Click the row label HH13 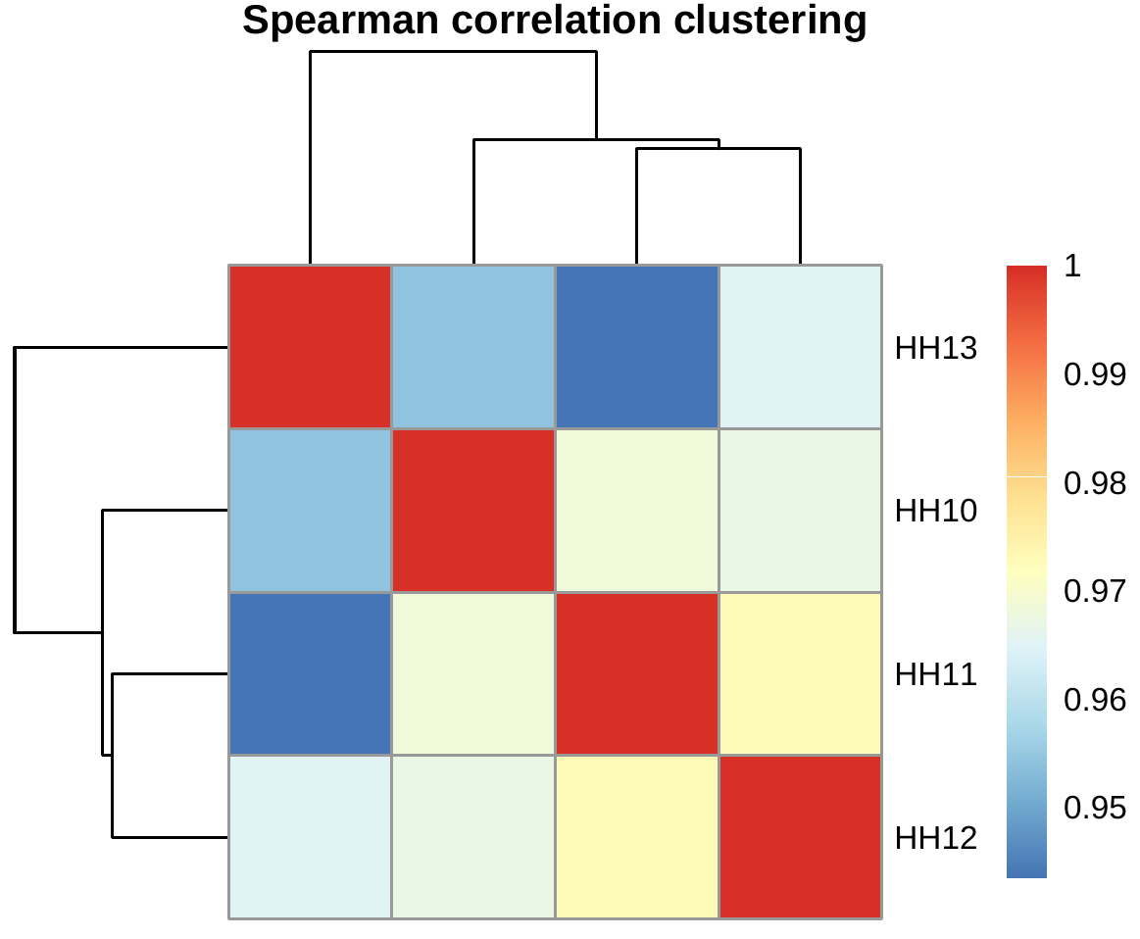pos(936,348)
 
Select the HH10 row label pos(936,511)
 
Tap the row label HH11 pos(936,674)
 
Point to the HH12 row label pos(936,838)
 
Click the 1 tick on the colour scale pos(1072,267)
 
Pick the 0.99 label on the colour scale pos(1094,374)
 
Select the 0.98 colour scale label pos(1094,483)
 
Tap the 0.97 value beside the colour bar pos(1094,591)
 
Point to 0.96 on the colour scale pos(1094,700)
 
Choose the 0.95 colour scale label pos(1094,808)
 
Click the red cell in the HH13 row pos(310,347)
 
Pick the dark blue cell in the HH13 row pos(637,347)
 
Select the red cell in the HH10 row pos(473,511)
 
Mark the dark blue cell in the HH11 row pos(310,674)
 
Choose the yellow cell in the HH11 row pos(801,674)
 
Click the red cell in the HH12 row pos(801,837)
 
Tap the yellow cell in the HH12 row pos(637,837)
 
